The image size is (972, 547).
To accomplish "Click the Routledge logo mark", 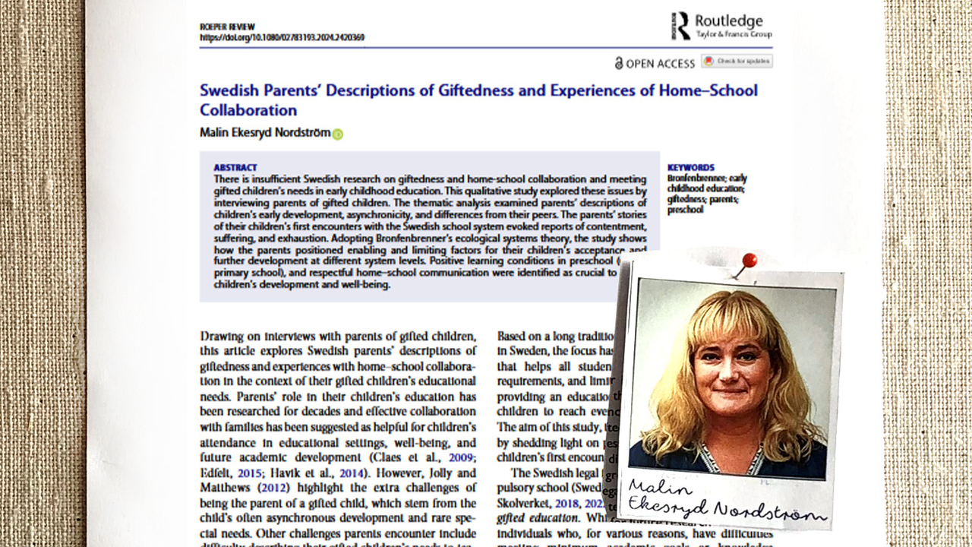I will tap(681, 25).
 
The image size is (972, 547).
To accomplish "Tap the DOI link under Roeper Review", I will tap(282, 37).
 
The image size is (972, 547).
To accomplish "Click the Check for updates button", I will tap(737, 61).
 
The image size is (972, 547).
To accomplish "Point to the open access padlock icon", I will tap(619, 64).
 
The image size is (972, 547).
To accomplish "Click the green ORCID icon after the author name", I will tap(337, 134).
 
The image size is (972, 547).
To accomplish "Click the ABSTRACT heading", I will tap(235, 167).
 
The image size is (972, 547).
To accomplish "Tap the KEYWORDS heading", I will tap(690, 167).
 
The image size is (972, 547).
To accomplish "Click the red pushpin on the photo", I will tap(749, 261).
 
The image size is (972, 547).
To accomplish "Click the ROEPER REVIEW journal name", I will tap(228, 27).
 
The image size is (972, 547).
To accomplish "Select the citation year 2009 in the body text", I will tap(462, 457).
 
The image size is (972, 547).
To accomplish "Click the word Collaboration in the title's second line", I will tap(248, 110).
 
